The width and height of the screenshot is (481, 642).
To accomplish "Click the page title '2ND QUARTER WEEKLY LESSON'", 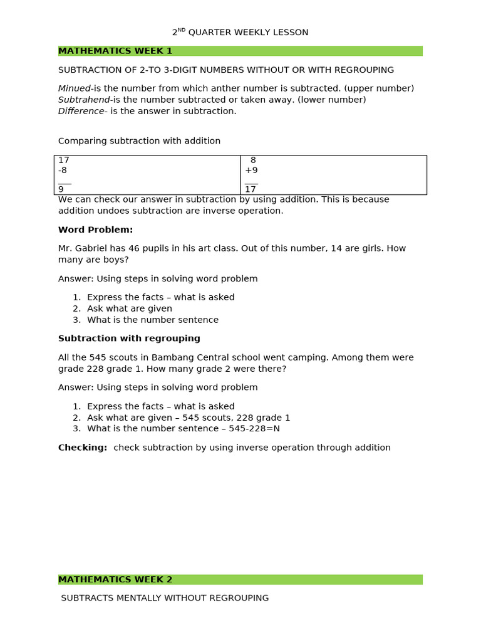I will point(240,33).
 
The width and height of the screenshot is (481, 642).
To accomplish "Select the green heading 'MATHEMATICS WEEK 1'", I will point(115,51).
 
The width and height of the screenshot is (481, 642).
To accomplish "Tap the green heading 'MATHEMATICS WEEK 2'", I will point(115,580).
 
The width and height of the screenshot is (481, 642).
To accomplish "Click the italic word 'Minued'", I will point(74,88).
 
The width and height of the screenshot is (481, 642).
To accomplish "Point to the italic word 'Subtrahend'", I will point(84,100).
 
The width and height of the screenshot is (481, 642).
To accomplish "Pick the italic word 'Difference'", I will point(81,111).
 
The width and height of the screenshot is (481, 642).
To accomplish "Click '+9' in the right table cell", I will point(251,171).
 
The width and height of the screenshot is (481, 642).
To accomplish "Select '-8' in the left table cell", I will point(63,171).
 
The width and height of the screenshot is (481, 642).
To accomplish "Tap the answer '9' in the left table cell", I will point(61,189).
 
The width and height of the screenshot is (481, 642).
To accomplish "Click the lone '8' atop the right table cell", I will point(253,160).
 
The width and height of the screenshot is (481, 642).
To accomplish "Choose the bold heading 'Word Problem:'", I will point(95,230).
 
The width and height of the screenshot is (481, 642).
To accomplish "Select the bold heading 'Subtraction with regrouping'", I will point(129,339).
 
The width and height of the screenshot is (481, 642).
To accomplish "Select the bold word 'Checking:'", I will point(83,448).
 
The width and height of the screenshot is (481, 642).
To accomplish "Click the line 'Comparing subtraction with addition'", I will point(139,141).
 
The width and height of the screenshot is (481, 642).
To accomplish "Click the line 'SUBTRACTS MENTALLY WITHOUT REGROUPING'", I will point(165,598).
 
